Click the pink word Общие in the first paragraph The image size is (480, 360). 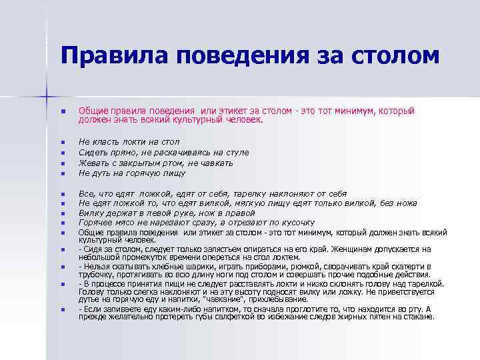[93, 111]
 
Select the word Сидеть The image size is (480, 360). [93, 152]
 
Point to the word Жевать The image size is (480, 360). [93, 162]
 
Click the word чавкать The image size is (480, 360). [216, 162]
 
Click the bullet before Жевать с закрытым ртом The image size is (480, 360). [61, 163]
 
